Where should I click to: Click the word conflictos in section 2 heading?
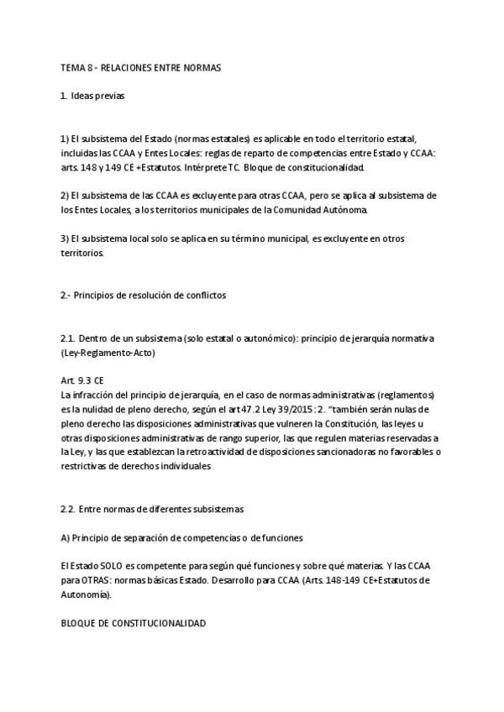[x=201, y=296]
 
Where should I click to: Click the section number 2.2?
[x=69, y=509]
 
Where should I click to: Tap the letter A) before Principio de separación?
[x=66, y=537]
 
